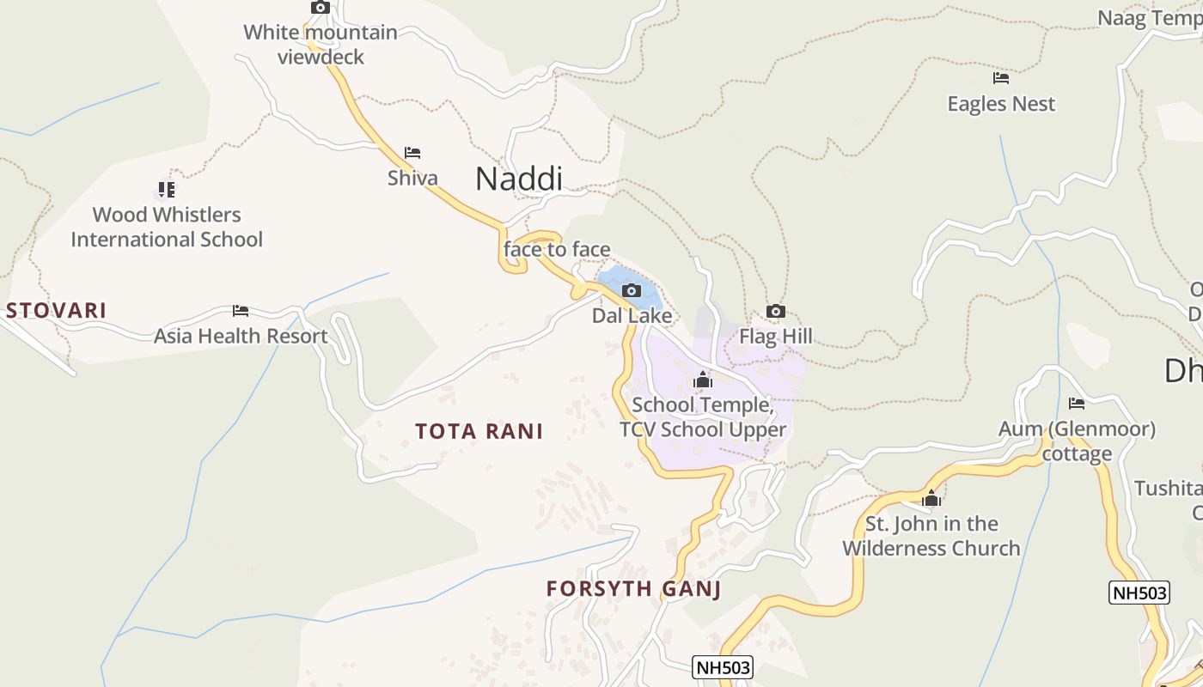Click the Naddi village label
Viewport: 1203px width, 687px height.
point(519,179)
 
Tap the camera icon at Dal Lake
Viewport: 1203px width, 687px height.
point(632,291)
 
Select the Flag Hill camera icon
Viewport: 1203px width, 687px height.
point(775,312)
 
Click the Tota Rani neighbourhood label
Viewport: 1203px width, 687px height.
point(479,431)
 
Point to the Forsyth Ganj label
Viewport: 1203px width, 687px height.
point(633,589)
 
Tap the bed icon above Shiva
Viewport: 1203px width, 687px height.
point(412,154)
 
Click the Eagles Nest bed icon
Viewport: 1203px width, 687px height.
point(1001,78)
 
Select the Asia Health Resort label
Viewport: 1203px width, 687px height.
point(241,336)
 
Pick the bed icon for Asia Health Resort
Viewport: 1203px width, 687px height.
point(241,311)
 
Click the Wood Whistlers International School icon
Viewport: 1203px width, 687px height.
point(167,189)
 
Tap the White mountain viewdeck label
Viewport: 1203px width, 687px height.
point(321,45)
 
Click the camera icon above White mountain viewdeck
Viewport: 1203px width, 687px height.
point(321,8)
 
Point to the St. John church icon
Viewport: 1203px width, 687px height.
point(931,499)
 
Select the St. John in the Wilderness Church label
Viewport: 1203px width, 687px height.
point(931,536)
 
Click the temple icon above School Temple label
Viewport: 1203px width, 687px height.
point(703,380)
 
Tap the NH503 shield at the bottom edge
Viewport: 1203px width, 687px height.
point(722,667)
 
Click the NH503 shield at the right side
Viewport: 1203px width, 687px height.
point(1139,593)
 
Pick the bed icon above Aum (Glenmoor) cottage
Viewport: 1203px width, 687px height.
point(1077,404)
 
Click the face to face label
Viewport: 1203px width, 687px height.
point(557,250)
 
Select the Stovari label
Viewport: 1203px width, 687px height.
point(56,311)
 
